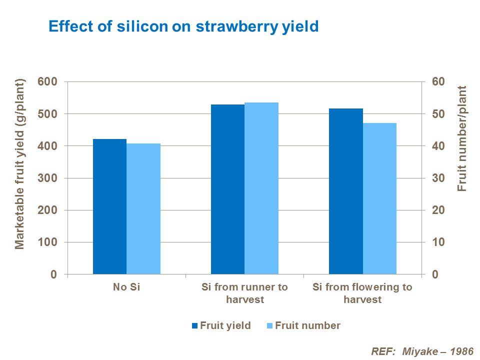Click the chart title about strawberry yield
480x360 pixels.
pyautogui.click(x=183, y=26)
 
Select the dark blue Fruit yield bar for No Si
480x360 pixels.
pyautogui.click(x=109, y=206)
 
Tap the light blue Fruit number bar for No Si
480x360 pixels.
pyautogui.click(x=143, y=209)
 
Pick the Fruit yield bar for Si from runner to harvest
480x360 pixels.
pyautogui.click(x=227, y=189)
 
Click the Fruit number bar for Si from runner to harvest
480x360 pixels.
pyautogui.click(x=261, y=188)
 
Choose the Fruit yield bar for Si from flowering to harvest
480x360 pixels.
pyautogui.click(x=345, y=191)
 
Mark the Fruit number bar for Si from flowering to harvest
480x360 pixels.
pyautogui.click(x=379, y=198)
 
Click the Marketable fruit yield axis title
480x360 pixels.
pyautogui.click(x=19, y=163)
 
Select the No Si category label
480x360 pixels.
pyautogui.click(x=126, y=287)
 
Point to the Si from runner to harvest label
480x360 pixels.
pyautogui.click(x=244, y=293)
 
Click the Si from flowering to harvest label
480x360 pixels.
pyautogui.click(x=362, y=293)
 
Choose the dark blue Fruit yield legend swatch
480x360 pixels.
pyautogui.click(x=194, y=326)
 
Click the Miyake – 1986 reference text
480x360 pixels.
pyautogui.click(x=422, y=350)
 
